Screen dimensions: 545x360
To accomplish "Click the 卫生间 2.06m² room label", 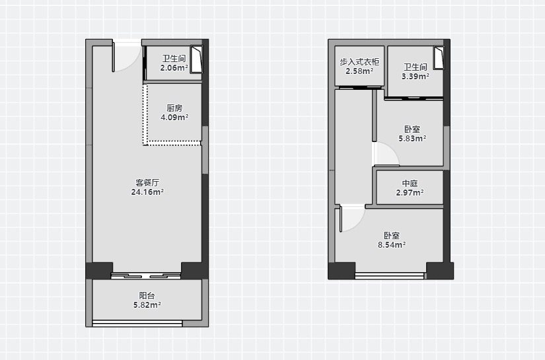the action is point(174,63).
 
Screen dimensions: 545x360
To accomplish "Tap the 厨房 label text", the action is point(174,108).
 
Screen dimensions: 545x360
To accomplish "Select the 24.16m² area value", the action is point(147,192).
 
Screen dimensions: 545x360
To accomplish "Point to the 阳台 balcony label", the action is point(147,295).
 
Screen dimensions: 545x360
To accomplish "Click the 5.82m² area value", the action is point(147,305).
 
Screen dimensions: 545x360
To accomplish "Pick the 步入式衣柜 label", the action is point(359,62).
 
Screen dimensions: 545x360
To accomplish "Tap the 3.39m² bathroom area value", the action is point(416,77).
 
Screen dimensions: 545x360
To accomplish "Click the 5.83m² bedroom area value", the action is point(412,138).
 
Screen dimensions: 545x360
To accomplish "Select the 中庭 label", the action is point(410,183).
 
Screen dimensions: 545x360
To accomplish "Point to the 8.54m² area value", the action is point(392,244).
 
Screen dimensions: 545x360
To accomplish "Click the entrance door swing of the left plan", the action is point(127,57).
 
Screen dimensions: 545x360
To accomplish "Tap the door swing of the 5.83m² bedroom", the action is point(386,155).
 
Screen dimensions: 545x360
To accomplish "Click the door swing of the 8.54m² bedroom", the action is point(352,219).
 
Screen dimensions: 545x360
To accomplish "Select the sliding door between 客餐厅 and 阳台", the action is point(146,276).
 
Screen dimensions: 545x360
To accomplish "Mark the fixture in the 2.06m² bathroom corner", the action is point(196,59).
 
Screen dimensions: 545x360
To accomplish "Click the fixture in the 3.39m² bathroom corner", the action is point(439,57).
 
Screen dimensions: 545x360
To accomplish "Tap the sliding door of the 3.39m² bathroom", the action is point(414,98).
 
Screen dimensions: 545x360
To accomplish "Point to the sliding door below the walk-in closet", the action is point(360,88).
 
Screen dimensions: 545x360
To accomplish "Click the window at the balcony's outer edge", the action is point(137,324).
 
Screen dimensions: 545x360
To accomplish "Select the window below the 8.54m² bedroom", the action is point(390,276).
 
